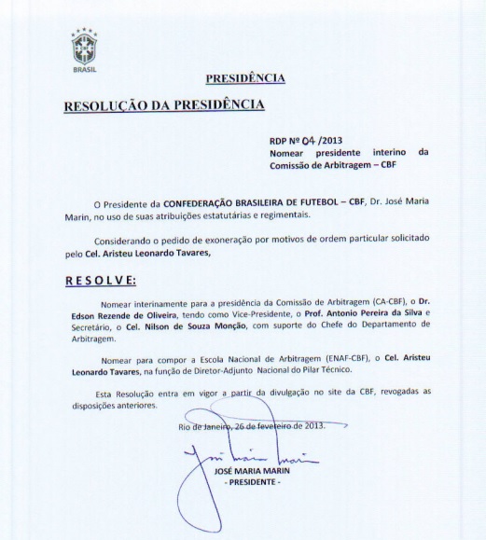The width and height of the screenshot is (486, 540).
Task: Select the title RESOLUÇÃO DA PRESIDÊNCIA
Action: [163, 104]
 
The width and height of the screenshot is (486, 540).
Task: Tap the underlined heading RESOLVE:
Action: [100, 280]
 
